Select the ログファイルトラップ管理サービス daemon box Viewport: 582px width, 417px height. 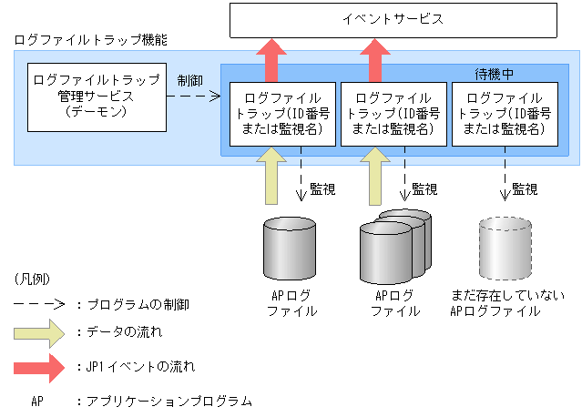click(x=96, y=96)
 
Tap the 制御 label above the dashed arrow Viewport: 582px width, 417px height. click(x=190, y=79)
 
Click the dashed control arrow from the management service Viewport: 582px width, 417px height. click(x=196, y=95)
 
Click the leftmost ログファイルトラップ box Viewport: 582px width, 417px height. click(x=278, y=114)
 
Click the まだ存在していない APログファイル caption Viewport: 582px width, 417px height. click(x=506, y=303)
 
